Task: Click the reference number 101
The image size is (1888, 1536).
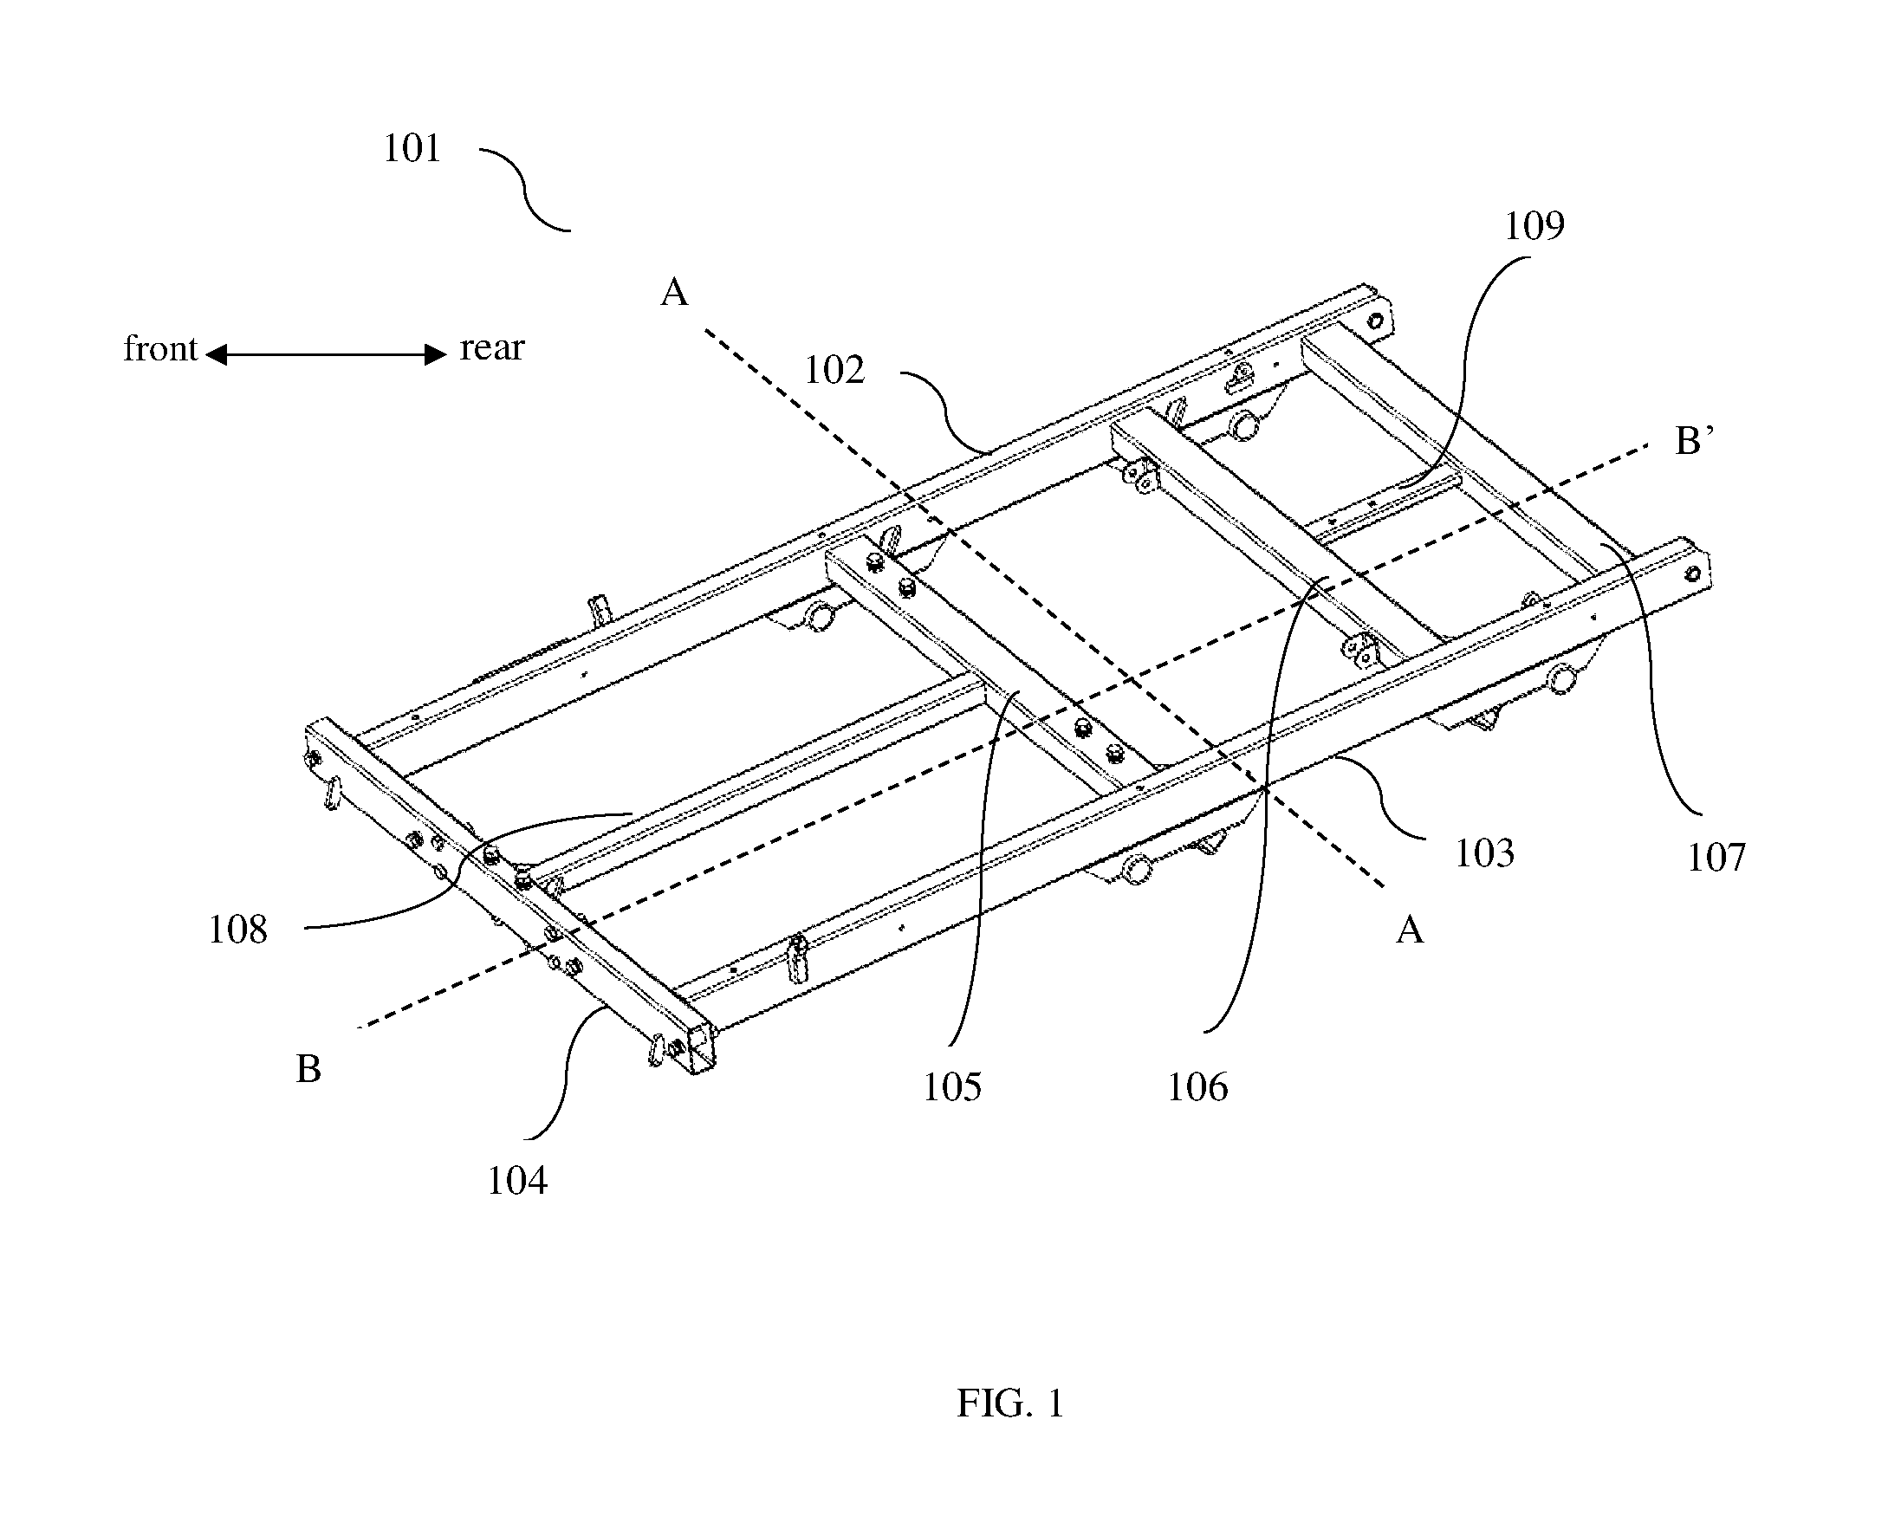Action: [x=412, y=149]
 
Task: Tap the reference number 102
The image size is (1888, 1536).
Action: [x=834, y=370]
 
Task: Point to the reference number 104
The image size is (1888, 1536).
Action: [x=517, y=1180]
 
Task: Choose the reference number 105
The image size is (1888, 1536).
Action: [x=952, y=1086]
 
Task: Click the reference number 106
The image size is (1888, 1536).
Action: [x=1198, y=1086]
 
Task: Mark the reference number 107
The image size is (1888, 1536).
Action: [x=1716, y=858]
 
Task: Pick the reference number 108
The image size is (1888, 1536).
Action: [x=237, y=930]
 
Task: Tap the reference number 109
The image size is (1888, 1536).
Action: [x=1535, y=225]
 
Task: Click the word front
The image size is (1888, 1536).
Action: [x=160, y=348]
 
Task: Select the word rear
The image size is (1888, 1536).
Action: [x=492, y=347]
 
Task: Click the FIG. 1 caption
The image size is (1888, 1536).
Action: [x=1010, y=1403]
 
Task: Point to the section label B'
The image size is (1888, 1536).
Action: [x=1694, y=440]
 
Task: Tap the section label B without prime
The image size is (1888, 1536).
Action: [x=308, y=1069]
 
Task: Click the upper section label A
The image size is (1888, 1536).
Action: [x=674, y=291]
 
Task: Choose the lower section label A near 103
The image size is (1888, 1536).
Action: [x=1410, y=930]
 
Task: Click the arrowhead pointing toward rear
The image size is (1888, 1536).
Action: [x=435, y=354]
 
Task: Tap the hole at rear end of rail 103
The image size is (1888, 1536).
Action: [x=1691, y=574]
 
